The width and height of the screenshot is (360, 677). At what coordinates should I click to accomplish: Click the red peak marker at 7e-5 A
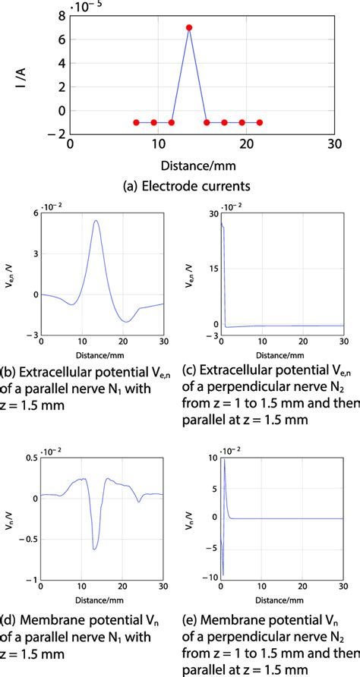pos(188,27)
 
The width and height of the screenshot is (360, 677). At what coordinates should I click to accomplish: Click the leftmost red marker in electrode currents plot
pos(136,122)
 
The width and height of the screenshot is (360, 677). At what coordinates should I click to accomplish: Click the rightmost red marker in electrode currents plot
pos(260,122)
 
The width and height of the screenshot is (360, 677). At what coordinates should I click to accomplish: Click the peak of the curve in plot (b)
pos(96,221)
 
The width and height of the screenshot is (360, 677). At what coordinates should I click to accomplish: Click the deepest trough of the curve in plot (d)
pos(94,548)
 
